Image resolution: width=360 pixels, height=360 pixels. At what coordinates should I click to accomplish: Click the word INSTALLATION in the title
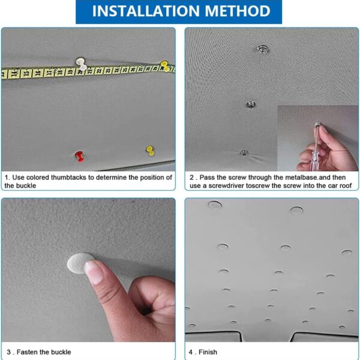[x=146, y=11]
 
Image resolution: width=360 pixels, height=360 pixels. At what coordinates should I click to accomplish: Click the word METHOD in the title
[x=238, y=11]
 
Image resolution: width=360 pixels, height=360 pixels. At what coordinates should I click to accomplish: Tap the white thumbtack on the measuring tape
[x=81, y=64]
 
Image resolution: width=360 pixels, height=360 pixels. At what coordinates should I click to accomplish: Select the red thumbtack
[x=80, y=157]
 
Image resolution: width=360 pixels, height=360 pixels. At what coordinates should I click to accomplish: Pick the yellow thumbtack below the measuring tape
[x=150, y=151]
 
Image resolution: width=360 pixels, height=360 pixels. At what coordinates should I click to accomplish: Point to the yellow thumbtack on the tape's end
[x=165, y=66]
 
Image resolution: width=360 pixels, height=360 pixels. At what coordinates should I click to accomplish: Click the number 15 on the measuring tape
[x=26, y=73]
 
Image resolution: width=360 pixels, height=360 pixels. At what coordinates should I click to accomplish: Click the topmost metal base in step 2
[x=263, y=49]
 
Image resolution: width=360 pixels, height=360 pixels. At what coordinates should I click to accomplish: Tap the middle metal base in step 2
[x=251, y=104]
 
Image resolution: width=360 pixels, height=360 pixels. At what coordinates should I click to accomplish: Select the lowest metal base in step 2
[x=244, y=152]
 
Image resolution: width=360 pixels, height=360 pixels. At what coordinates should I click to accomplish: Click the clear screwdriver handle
[x=317, y=146]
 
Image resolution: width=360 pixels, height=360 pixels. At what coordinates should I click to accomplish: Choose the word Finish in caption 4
[x=208, y=352]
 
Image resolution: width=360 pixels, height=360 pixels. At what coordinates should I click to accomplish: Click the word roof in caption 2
[x=346, y=185]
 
